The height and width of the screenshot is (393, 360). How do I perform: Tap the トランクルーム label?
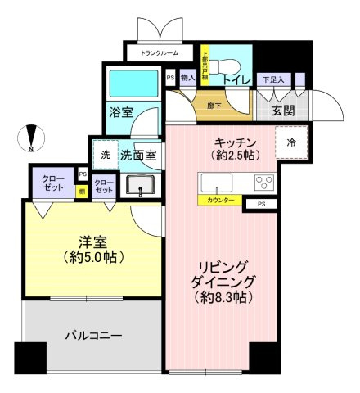[160, 54]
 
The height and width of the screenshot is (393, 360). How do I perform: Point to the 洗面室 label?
[140, 153]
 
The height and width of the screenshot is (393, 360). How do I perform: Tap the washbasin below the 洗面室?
[142, 187]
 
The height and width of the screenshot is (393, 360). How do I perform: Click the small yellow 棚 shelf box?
[82, 191]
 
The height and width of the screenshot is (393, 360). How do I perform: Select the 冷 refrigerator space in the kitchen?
[293, 141]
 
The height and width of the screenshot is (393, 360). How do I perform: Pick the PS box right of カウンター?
[261, 203]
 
